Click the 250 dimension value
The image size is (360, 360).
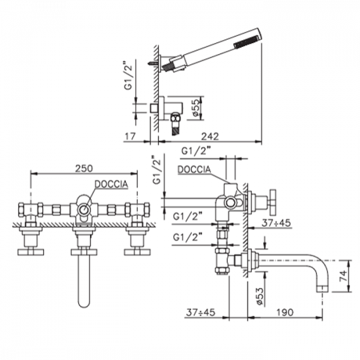point(84,168)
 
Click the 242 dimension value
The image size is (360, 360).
point(210,136)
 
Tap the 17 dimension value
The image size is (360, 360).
point(130,136)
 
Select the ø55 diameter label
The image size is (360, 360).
point(195,108)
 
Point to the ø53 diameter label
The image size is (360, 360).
point(260,296)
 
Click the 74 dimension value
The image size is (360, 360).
point(343,277)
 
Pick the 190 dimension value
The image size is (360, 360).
point(284,312)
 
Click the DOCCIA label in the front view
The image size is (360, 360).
point(112,184)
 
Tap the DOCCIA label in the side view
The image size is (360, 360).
point(194,169)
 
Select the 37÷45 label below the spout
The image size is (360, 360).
point(200,312)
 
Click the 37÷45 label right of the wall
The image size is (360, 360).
point(276,223)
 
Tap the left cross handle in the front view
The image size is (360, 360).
point(31,252)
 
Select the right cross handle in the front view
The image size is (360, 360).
point(137,252)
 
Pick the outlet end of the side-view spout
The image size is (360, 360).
point(323,289)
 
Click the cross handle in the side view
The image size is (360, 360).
point(273,202)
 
